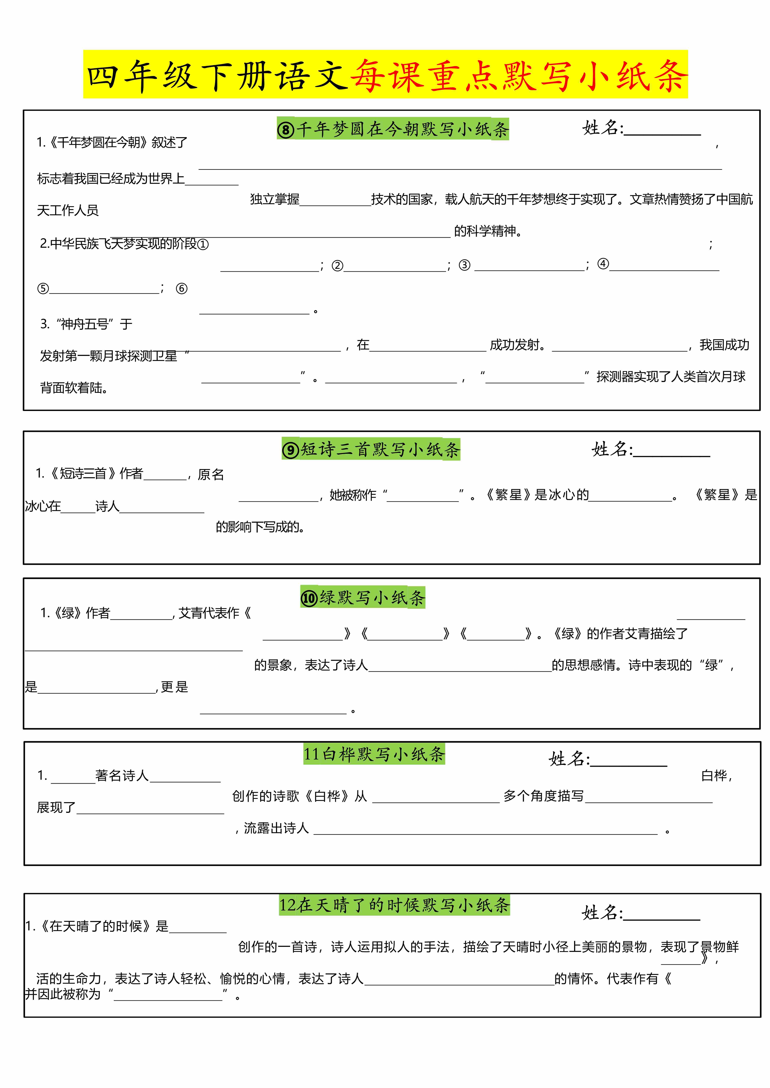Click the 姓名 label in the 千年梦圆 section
(x=602, y=128)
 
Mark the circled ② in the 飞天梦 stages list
(x=337, y=265)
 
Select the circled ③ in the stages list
(x=465, y=265)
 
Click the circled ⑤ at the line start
(x=43, y=289)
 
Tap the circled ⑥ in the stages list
(x=182, y=289)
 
